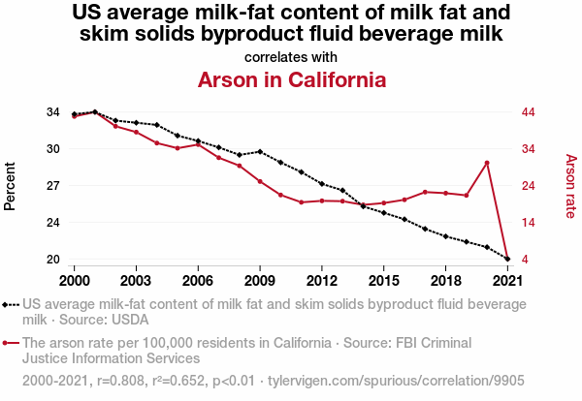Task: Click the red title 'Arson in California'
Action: (x=291, y=79)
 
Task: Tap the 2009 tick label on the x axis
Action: (x=260, y=280)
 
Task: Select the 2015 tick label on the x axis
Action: (x=383, y=280)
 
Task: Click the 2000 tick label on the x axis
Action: (x=74, y=280)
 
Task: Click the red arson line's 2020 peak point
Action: (x=487, y=163)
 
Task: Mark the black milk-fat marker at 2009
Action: (x=260, y=151)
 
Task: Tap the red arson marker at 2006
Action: (x=198, y=144)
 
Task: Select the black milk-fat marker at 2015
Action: (x=383, y=212)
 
